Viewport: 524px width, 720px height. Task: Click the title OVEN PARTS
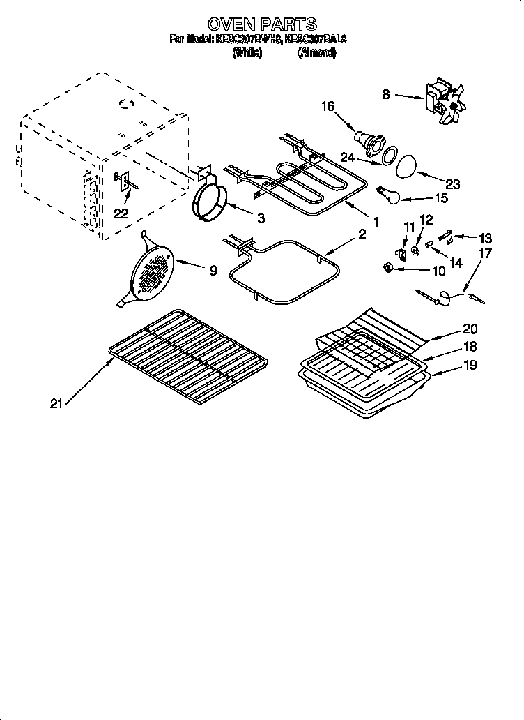262,25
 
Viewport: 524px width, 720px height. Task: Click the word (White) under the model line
247,52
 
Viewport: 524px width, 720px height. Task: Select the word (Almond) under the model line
317,52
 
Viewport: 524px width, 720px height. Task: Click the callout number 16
327,107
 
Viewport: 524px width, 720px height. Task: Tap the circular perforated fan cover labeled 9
151,271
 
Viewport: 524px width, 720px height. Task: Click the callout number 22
121,213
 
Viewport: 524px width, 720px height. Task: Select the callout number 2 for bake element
362,235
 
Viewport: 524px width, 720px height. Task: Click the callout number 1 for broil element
376,223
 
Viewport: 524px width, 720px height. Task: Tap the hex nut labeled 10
387,266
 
